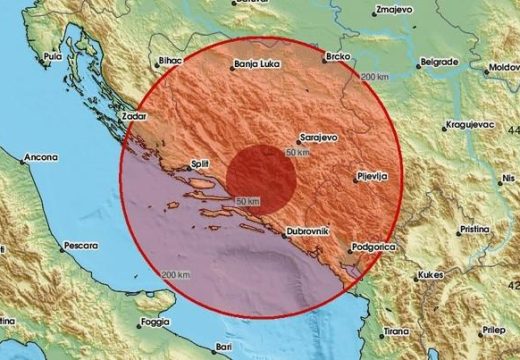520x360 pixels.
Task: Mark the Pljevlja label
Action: click(373, 177)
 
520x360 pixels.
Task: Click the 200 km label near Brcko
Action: click(375, 77)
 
